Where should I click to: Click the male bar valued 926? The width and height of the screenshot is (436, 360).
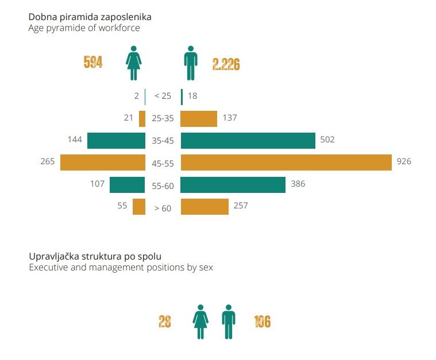[x=286, y=162]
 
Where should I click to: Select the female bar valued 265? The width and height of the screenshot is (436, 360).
[x=102, y=162]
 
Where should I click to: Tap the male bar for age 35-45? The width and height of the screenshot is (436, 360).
[x=248, y=140]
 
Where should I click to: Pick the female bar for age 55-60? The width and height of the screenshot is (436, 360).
[x=127, y=184]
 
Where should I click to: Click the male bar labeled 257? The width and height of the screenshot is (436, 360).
[x=205, y=206]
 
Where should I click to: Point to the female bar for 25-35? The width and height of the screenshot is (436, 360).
[x=142, y=118]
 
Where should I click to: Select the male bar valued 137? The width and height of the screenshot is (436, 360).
[x=199, y=118]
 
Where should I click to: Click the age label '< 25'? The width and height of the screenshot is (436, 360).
[x=163, y=96]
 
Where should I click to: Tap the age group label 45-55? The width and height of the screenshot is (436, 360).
[x=163, y=163]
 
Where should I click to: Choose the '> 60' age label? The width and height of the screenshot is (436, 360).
[x=163, y=208]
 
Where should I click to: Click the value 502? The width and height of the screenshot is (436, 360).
[x=327, y=140]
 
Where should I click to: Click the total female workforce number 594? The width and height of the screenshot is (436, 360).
[x=93, y=63]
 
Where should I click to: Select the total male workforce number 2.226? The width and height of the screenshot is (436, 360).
[x=226, y=64]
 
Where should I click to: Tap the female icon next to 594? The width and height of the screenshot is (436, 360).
[x=133, y=63]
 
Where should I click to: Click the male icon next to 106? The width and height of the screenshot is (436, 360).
[x=229, y=322]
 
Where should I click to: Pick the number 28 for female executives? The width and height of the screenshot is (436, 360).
[x=164, y=322]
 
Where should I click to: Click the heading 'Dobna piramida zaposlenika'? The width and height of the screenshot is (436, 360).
[x=90, y=17]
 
